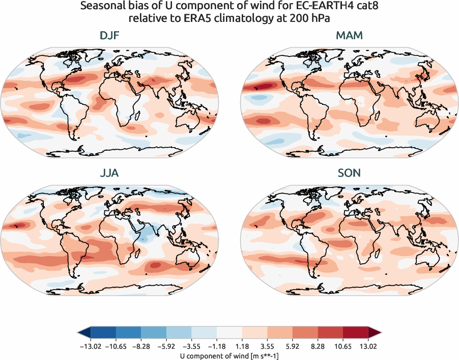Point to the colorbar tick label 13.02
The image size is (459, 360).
click(368, 346)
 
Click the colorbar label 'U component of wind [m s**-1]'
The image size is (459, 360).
click(230, 355)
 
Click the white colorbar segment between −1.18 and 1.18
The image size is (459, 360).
click(230, 333)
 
